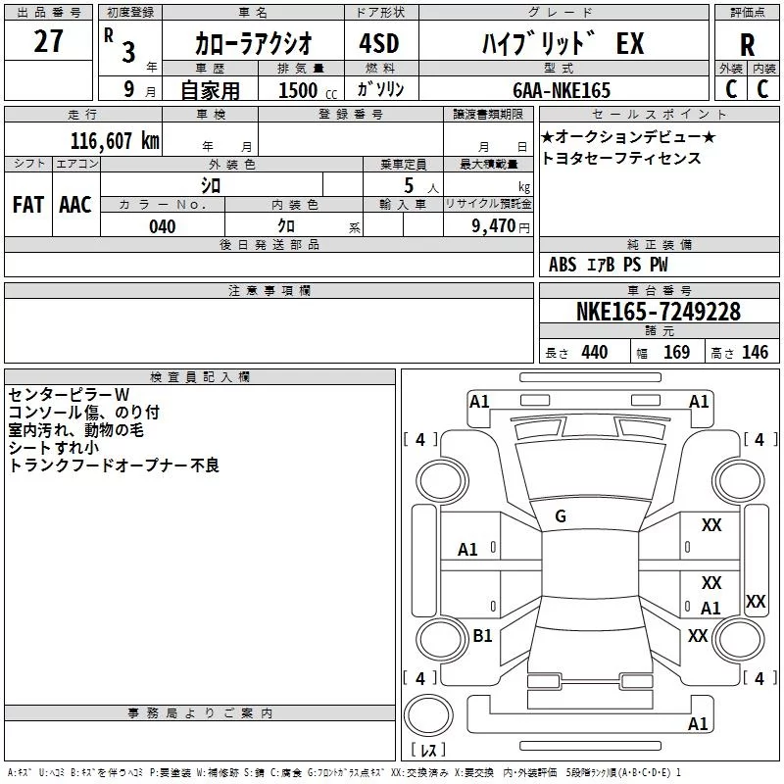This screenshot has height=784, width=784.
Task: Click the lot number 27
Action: click(48, 40)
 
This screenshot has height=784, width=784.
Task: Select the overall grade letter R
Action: click(747, 44)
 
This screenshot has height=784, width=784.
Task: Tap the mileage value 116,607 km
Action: click(115, 141)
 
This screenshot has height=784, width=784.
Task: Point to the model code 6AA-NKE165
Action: click(562, 90)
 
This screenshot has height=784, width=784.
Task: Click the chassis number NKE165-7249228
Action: click(659, 312)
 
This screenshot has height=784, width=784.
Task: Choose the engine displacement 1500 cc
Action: click(308, 90)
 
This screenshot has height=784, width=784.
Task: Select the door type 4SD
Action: click(379, 43)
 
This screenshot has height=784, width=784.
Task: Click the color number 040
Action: click(163, 226)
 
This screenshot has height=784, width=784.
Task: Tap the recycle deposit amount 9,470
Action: click(494, 225)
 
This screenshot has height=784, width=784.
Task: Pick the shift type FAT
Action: click(28, 205)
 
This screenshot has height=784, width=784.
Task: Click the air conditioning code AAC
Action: click(75, 205)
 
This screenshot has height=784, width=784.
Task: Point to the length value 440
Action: click(595, 352)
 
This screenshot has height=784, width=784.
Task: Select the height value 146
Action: click(755, 352)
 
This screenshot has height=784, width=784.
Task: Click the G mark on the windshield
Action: click(561, 516)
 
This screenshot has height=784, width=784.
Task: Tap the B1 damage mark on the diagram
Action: click(482, 635)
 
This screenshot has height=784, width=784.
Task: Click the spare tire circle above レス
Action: click(428, 714)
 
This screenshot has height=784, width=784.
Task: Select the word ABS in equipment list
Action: click(563, 265)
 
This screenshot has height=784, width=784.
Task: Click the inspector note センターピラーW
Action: click(69, 395)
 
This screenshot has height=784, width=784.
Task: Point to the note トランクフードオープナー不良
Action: click(114, 465)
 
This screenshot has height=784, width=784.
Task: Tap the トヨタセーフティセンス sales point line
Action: click(621, 158)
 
